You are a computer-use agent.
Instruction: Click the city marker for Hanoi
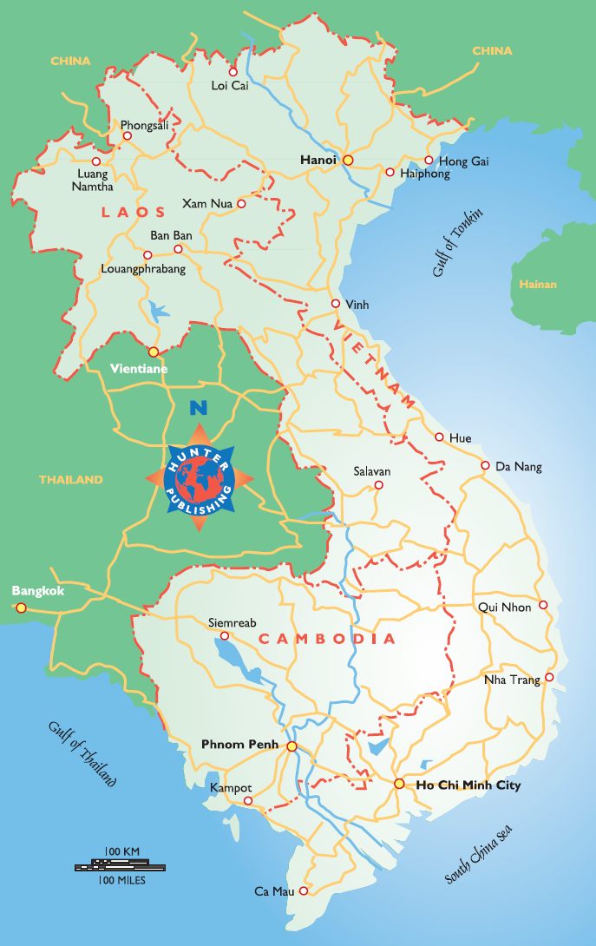point(348,160)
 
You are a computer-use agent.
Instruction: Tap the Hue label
point(460,438)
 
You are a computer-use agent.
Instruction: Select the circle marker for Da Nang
point(486,465)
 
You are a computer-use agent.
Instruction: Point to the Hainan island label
point(538,285)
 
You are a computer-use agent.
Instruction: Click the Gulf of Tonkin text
point(457,244)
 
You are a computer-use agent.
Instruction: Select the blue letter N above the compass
point(199,405)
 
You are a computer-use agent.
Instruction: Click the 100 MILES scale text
point(122,880)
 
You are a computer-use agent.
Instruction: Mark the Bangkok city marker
point(21,608)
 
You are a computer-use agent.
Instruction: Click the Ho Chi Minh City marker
point(398,784)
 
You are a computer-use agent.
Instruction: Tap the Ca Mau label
point(274,891)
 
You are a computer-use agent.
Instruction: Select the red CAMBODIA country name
point(327,639)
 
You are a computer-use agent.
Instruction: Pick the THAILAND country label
point(70,479)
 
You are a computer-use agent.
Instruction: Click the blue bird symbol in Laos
point(159,310)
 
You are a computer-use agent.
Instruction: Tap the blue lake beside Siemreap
point(233,658)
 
